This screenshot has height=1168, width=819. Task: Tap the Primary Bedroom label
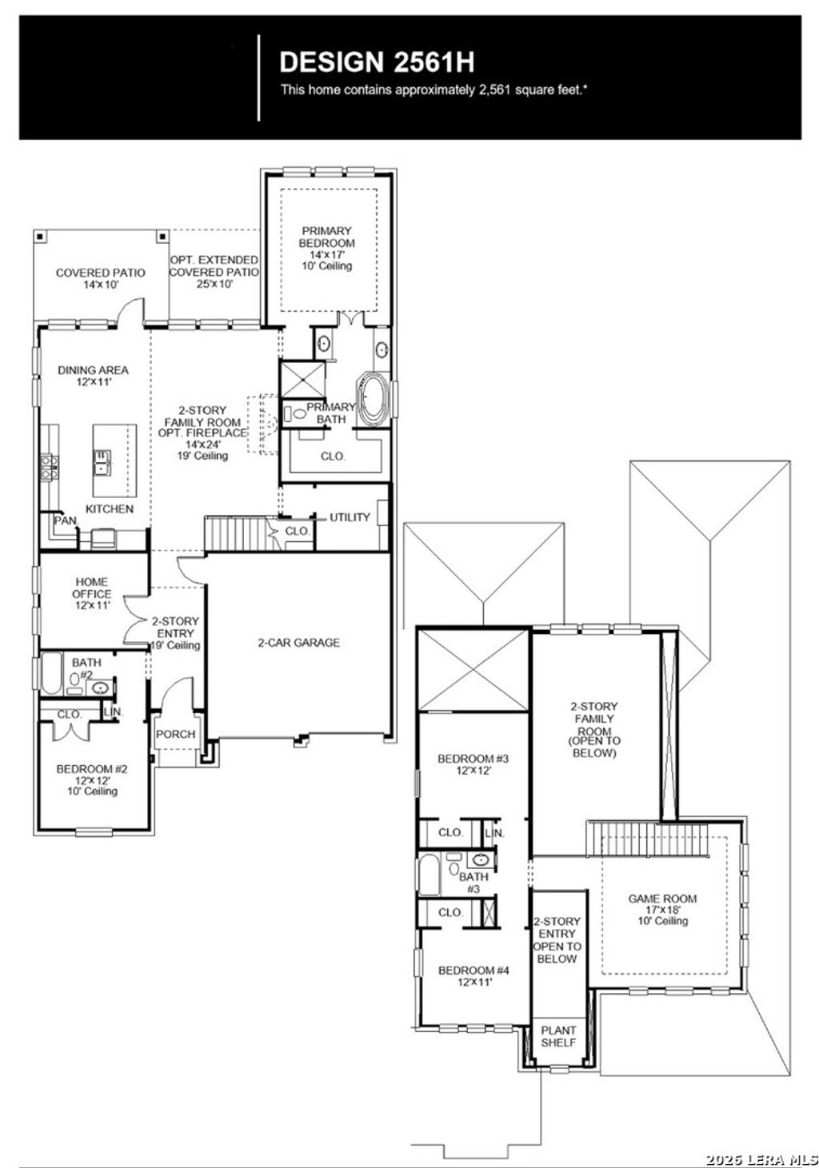pyautogui.click(x=327, y=237)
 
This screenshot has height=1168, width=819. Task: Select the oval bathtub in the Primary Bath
pyautogui.click(x=373, y=399)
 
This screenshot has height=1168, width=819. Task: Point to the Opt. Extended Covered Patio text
pyautogui.click(x=214, y=266)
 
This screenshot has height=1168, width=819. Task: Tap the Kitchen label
pyautogui.click(x=110, y=509)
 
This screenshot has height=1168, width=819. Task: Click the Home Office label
pyautogui.click(x=92, y=588)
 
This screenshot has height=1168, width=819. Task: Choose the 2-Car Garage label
pyautogui.click(x=298, y=643)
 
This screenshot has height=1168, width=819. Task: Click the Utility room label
pyautogui.click(x=350, y=517)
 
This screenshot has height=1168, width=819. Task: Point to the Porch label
pyautogui.click(x=175, y=734)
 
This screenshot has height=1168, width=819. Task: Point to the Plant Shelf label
pyautogui.click(x=558, y=1036)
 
